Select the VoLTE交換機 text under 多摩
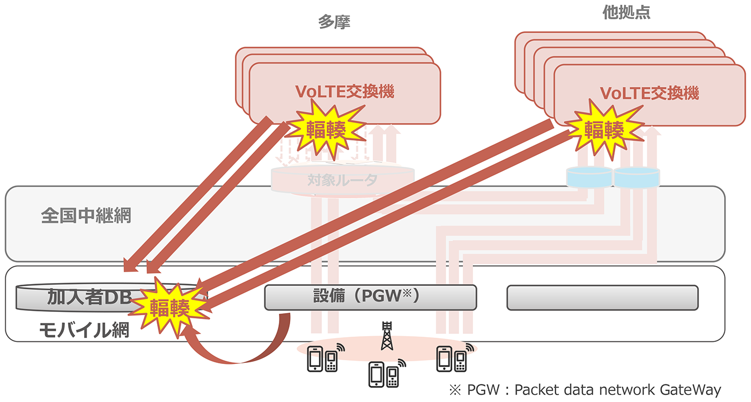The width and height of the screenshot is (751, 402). point(344,92)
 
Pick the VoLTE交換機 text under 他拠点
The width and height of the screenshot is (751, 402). point(650,93)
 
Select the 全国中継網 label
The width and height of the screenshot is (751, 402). point(86,216)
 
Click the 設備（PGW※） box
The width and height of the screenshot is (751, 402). point(370,297)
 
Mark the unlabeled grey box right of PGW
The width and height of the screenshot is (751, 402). point(602,297)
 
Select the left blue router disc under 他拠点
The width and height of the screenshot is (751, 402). point(590,177)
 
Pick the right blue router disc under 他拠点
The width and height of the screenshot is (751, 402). point(636,177)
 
